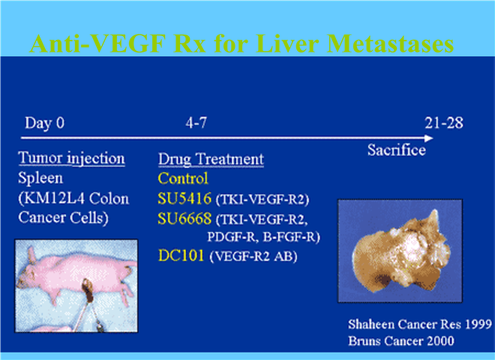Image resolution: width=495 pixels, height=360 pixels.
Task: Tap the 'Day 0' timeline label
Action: [x=44, y=122]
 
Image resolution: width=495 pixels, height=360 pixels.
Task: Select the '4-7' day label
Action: [x=196, y=122]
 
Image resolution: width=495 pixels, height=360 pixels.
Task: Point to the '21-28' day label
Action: [x=444, y=123]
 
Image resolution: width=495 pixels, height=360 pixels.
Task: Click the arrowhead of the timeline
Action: [x=429, y=138]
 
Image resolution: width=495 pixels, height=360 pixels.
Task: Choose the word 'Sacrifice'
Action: [x=397, y=150]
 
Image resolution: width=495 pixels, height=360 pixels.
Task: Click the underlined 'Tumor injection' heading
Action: [x=72, y=158]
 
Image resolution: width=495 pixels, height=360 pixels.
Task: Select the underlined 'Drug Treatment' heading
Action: [x=211, y=159]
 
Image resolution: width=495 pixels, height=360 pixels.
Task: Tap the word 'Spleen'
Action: [x=40, y=178]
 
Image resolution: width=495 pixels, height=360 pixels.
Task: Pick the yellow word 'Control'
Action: [x=183, y=178]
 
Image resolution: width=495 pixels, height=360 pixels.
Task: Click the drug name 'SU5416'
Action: [x=184, y=198]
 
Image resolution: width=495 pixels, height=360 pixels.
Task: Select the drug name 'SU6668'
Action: [x=184, y=218]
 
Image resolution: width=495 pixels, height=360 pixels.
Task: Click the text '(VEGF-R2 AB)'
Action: [x=253, y=256]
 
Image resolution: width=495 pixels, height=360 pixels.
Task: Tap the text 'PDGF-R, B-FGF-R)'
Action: [x=263, y=237]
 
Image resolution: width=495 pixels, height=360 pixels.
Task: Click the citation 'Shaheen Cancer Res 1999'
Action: [x=420, y=324]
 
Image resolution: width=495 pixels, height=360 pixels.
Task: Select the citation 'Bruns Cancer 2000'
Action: [x=401, y=341]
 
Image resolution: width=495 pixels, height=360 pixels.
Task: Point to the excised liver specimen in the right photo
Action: [x=401, y=250]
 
